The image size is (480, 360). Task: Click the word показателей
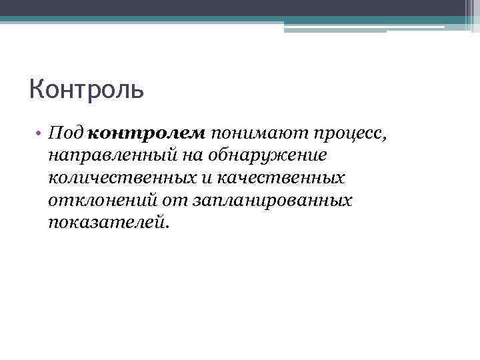[x=105, y=223]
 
